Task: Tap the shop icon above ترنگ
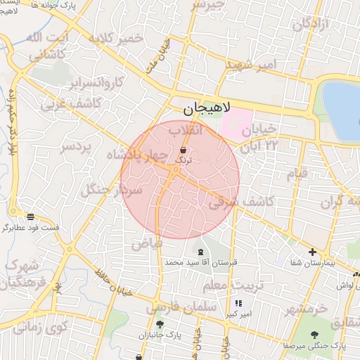point(184,150)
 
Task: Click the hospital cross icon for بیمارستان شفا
point(313,252)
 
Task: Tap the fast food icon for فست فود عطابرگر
point(30,217)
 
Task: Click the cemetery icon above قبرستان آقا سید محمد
point(201,252)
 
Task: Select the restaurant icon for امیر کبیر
point(238,303)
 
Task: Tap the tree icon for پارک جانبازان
point(160,325)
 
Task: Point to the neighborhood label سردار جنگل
point(112,189)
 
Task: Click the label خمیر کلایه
point(116,37)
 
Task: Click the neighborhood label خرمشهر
point(307,309)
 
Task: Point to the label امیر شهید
point(251,65)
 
